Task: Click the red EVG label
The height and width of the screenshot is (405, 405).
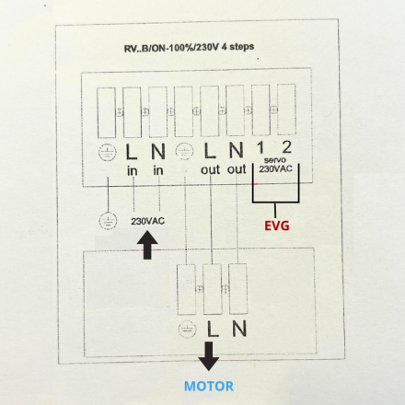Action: pos(277,226)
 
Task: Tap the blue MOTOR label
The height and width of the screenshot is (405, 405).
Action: pos(209,386)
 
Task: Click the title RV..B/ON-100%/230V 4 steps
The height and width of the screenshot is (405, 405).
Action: pos(189,48)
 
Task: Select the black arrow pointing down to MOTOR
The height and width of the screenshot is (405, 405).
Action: pos(209,356)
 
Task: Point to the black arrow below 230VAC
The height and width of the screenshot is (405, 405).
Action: pos(147,245)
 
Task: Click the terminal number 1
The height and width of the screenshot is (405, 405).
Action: pos(260,147)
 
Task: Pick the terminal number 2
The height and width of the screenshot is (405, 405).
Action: pos(286,147)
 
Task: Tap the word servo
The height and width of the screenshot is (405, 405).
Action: pos(275,160)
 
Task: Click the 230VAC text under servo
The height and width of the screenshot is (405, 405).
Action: pos(275,168)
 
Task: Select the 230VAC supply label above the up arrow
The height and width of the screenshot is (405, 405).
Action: pos(147,221)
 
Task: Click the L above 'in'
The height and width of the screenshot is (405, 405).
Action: pos(132,152)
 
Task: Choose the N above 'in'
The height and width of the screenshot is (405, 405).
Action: pos(158,152)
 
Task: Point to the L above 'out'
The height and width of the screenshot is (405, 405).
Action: pos(210,151)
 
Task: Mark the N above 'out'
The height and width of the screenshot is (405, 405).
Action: pos(237,150)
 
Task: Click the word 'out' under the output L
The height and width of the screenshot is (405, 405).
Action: pos(211,169)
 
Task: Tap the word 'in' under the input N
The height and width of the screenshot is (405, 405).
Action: pos(158,170)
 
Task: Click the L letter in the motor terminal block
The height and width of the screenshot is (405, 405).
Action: pos(213,329)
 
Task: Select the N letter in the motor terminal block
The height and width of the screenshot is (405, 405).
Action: pos(239,329)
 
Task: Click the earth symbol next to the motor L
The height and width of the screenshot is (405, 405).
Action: pos(187,330)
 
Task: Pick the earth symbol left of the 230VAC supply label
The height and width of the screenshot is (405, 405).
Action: pos(108,221)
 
